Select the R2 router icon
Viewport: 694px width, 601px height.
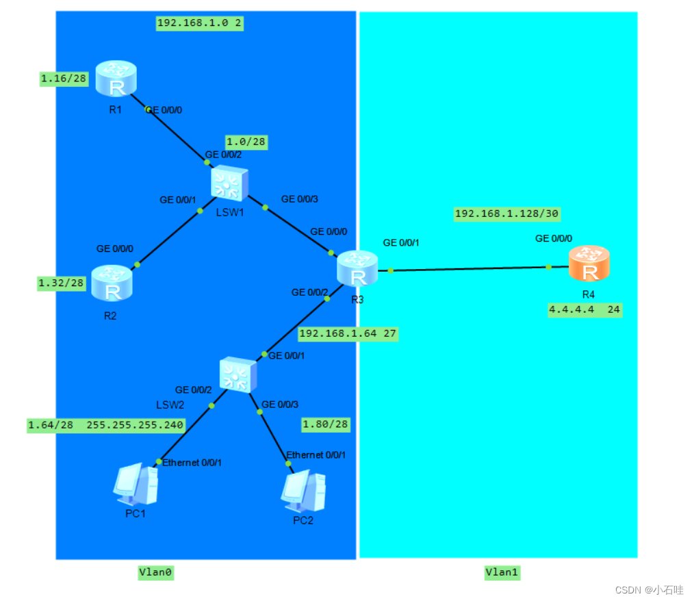(x=112, y=283)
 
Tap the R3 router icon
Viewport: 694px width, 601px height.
(x=357, y=268)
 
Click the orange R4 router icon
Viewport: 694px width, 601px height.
(x=589, y=264)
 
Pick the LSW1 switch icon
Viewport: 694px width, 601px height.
(x=229, y=183)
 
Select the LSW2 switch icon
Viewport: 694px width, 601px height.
(x=238, y=374)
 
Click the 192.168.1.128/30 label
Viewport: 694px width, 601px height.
(x=507, y=214)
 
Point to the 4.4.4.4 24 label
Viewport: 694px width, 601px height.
(x=584, y=309)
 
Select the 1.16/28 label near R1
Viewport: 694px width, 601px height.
(x=64, y=79)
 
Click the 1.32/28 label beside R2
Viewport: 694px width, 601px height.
(x=61, y=283)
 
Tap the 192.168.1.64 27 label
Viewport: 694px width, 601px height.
(x=347, y=334)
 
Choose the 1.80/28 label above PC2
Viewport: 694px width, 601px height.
(x=326, y=424)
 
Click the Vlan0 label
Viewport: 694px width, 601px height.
(x=156, y=572)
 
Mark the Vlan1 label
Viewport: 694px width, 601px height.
(x=502, y=572)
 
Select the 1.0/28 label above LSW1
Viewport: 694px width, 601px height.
(x=246, y=142)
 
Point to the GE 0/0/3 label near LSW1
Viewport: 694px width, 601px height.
(x=300, y=199)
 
